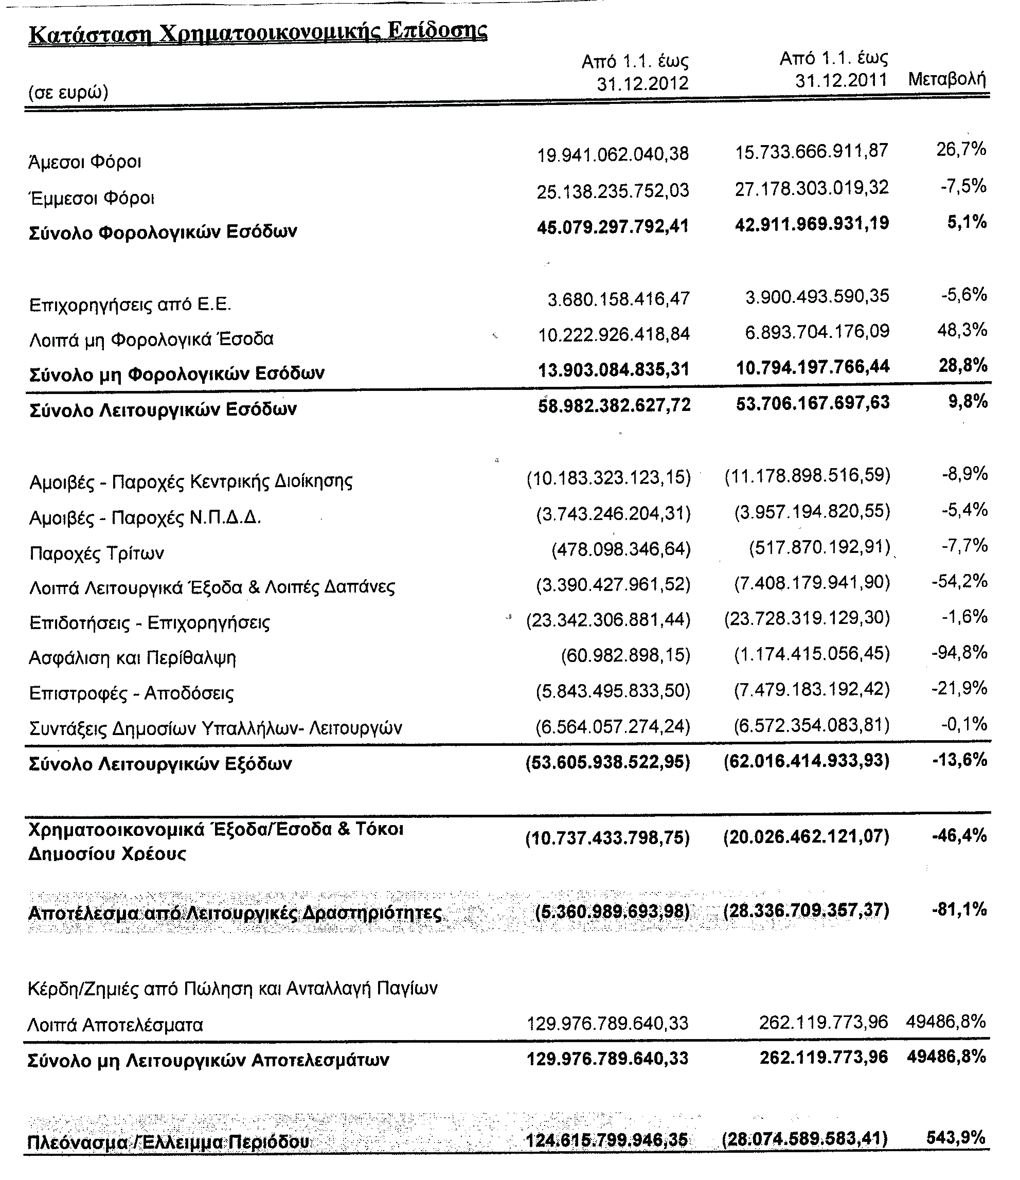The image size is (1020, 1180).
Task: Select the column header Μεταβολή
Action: tap(946, 79)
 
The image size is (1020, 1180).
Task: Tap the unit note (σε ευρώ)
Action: tap(68, 92)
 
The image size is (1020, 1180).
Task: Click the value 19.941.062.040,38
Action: tap(613, 154)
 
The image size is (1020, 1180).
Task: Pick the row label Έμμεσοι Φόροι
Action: tap(92, 198)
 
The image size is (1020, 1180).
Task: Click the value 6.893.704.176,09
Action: tap(817, 331)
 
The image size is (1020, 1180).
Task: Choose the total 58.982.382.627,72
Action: tap(614, 405)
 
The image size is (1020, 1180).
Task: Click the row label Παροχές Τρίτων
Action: tap(97, 553)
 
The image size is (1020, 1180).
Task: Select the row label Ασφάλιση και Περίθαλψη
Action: tap(132, 658)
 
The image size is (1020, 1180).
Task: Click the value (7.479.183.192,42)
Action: tap(812, 690)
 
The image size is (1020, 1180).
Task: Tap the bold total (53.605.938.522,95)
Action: tap(607, 761)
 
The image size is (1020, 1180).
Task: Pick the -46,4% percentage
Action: tap(959, 835)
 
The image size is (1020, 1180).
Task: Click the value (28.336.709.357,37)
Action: tap(806, 910)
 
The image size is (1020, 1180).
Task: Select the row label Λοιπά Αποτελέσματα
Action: tap(115, 1025)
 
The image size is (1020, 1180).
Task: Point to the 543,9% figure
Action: tap(956, 1137)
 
